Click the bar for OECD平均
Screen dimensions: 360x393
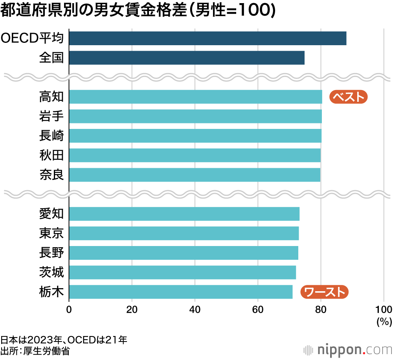[x=208, y=38]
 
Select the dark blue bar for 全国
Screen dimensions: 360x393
[x=187, y=58]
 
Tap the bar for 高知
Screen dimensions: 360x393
[x=195, y=97]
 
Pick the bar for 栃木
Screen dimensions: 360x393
[x=181, y=292]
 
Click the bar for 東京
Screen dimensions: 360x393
[x=184, y=233]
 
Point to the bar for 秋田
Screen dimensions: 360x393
[x=195, y=155]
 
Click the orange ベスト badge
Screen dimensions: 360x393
[x=348, y=97]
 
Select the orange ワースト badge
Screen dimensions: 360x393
[x=325, y=292]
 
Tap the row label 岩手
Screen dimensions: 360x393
[x=51, y=116]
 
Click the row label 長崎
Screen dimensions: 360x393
[x=51, y=136]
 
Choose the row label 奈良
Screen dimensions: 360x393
[x=51, y=175]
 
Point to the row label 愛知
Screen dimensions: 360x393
[x=51, y=214]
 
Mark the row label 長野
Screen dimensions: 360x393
[x=51, y=253]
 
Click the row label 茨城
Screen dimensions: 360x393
[x=51, y=272]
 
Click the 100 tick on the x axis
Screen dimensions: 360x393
[x=384, y=309]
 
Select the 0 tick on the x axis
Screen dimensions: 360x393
[x=69, y=309]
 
